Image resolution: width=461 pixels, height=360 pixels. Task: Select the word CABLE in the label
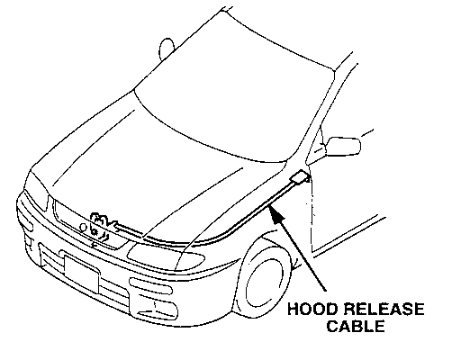[x=356, y=326]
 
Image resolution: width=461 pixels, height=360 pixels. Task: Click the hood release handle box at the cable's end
[x=300, y=176]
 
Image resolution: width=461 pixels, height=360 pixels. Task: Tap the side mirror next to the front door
[x=343, y=147]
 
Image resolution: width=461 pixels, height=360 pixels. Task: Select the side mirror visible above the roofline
[x=166, y=49]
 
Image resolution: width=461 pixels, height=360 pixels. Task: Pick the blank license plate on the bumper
[x=81, y=274]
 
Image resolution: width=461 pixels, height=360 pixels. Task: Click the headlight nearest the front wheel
[x=166, y=256]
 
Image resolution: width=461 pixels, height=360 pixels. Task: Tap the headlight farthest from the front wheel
[x=36, y=197]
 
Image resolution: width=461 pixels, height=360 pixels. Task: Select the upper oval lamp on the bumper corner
[x=151, y=286]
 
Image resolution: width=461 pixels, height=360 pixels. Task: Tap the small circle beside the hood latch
[x=83, y=228]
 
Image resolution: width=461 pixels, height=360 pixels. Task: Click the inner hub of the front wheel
[x=264, y=285]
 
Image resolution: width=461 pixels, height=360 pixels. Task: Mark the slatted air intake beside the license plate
[x=51, y=257]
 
